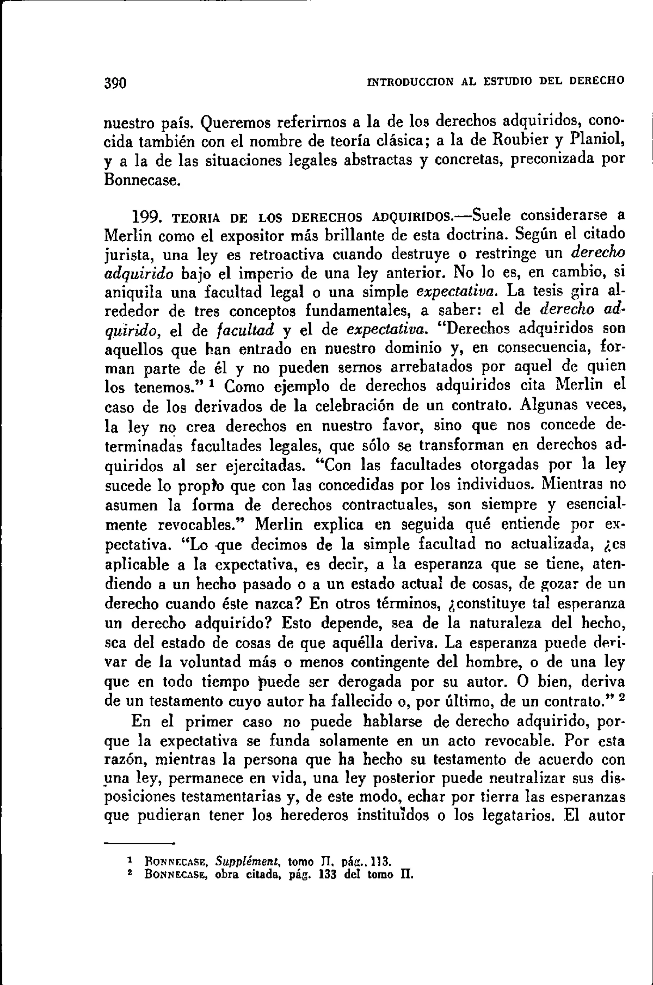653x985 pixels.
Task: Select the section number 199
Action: pos(144,217)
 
